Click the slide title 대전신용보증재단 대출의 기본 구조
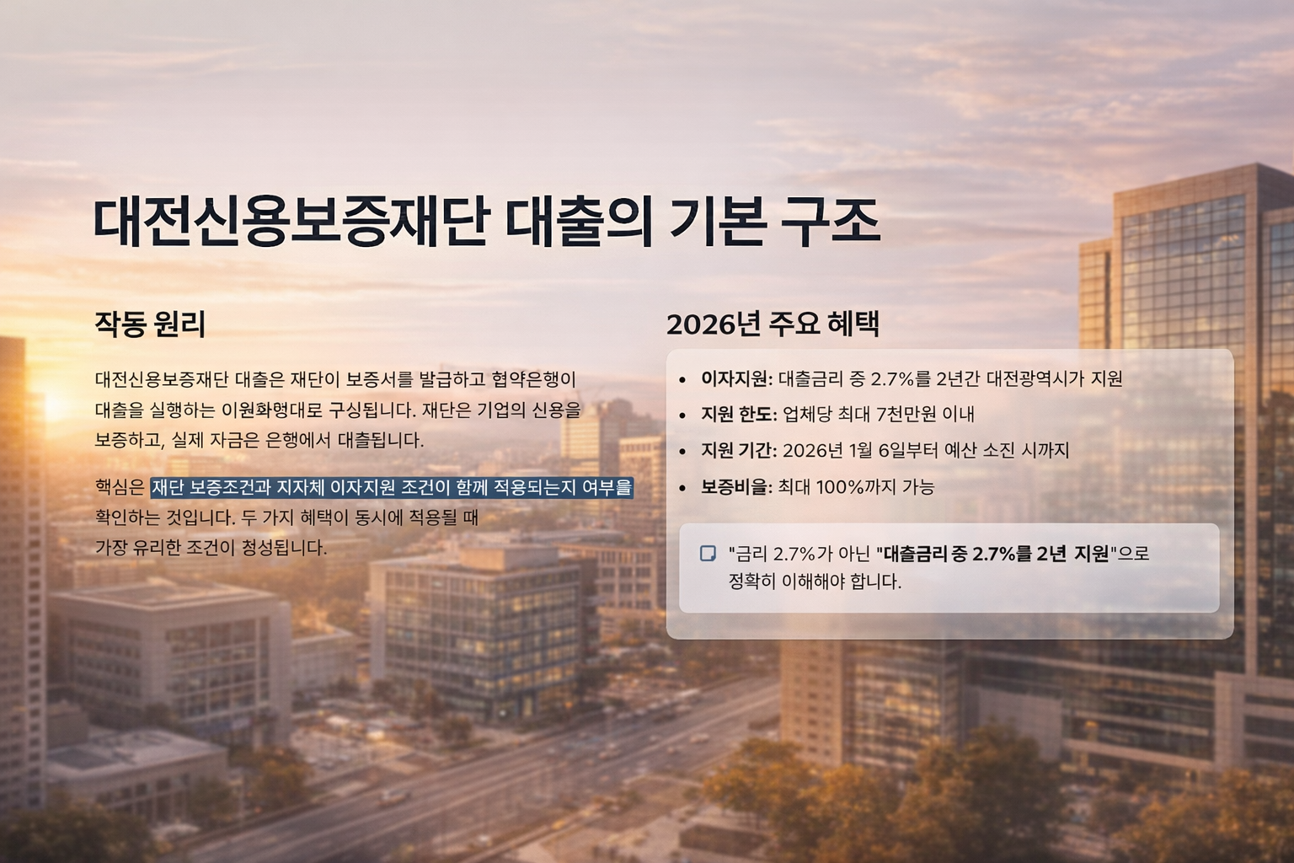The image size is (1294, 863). point(486,221)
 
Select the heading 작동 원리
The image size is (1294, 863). point(150,324)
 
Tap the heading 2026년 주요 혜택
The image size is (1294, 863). point(773,324)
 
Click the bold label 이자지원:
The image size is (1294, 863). point(736,379)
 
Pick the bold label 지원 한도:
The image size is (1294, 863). point(738,415)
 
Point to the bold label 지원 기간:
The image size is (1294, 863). point(738,451)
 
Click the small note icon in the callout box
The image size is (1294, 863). point(708,553)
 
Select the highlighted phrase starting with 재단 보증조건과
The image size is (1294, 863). point(391,487)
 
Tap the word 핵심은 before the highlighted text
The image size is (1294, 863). point(120,487)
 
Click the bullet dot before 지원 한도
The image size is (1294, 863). point(682,415)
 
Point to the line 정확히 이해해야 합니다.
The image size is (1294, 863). point(815,582)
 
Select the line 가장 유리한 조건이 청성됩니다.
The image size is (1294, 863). point(211,548)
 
